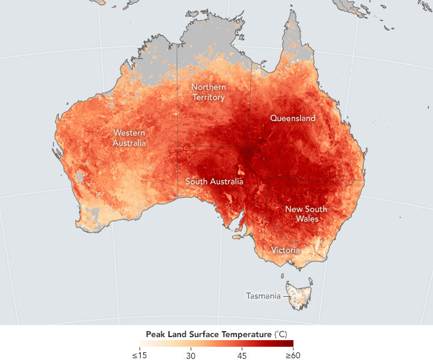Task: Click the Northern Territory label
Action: (x=208, y=92)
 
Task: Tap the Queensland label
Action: (x=293, y=119)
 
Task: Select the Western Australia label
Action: (x=130, y=138)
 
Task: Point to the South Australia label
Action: (x=214, y=181)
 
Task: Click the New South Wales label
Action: (x=306, y=214)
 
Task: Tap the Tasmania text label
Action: (x=263, y=296)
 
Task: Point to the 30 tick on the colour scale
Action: (x=191, y=355)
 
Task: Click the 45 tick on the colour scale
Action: (x=242, y=355)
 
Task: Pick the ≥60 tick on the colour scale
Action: (x=292, y=355)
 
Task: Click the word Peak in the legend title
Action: (x=155, y=334)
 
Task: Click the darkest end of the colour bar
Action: (x=290, y=344)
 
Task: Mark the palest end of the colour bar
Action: (x=141, y=344)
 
